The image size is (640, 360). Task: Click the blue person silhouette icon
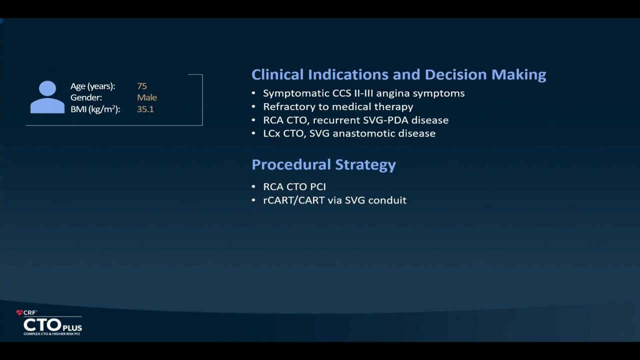(47, 97)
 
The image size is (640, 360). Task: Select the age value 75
(142, 86)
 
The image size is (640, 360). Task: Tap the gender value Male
(147, 97)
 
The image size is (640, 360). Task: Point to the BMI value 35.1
(145, 109)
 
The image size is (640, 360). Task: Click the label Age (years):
(93, 86)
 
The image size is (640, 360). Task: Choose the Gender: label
(86, 97)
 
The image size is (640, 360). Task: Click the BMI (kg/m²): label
(95, 109)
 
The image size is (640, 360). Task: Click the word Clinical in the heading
(277, 74)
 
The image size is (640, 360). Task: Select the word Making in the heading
(518, 75)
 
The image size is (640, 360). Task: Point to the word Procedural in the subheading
(291, 164)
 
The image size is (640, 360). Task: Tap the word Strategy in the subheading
(365, 165)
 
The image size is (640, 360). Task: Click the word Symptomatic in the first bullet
(296, 93)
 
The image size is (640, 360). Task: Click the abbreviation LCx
(271, 133)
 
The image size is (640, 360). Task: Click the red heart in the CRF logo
(19, 312)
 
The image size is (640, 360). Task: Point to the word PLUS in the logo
(72, 327)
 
